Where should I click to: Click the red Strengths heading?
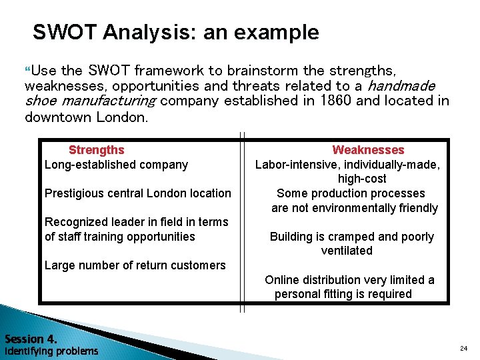(x=96, y=150)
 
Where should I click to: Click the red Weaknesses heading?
(x=368, y=150)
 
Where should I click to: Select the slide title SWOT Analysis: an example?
(x=176, y=32)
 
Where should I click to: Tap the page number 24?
(x=463, y=348)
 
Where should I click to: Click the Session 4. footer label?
(x=31, y=338)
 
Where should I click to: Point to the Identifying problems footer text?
(x=51, y=351)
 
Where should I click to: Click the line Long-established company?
(x=116, y=165)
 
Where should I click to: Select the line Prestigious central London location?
(x=137, y=193)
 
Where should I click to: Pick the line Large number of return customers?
(x=135, y=265)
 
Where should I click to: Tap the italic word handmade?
(x=401, y=85)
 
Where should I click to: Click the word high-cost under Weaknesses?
(x=362, y=179)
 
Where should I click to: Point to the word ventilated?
(x=347, y=251)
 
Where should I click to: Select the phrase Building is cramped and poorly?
(x=351, y=237)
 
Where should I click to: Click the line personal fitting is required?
(x=343, y=294)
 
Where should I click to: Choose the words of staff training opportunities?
(x=119, y=237)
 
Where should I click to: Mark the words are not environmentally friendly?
(x=355, y=208)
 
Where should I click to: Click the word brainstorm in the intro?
(x=263, y=70)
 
